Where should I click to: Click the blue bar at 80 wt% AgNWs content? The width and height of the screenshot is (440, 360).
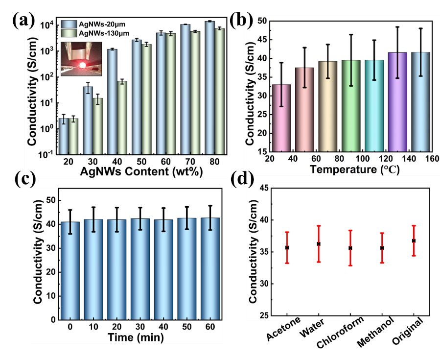point(210,88)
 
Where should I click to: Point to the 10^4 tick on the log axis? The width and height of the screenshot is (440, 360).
point(46,25)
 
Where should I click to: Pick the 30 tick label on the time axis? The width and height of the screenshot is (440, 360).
point(140,327)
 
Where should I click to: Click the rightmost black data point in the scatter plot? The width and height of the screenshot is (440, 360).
point(414,240)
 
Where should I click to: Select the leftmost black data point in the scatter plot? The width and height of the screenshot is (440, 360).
point(287,247)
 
